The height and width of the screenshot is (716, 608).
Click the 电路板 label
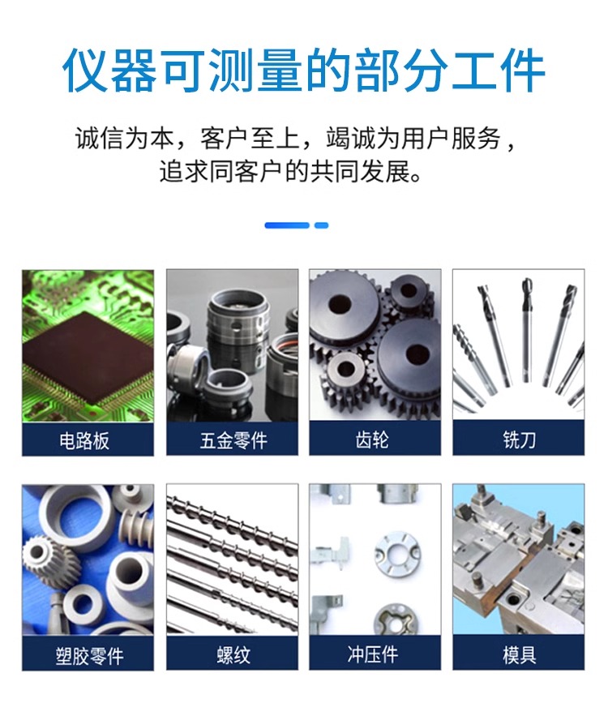pos(84,440)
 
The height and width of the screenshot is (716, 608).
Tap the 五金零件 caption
pos(233,440)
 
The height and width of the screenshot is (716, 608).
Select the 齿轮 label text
pos(372,439)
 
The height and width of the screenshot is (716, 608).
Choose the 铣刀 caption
pos(519,439)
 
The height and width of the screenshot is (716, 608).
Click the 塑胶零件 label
pos(89,656)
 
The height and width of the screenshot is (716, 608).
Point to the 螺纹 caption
pos(233,655)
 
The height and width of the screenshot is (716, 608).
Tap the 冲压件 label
pos(372,654)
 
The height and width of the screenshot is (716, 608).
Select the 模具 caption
pos(519,655)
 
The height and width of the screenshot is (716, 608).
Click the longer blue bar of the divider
pos(287,225)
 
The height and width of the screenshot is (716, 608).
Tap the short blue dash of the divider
pos(321,225)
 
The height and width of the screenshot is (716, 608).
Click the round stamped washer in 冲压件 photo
pos(397,553)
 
